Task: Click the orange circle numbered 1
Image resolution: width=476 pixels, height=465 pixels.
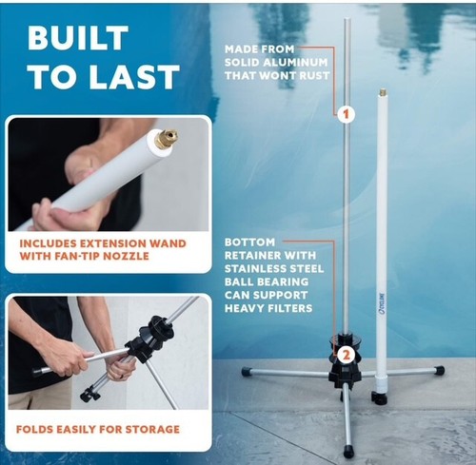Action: pos(346,113)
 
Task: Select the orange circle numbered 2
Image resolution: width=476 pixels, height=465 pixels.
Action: pos(346,355)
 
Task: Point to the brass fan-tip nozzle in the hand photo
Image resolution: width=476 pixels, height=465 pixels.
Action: pos(167,139)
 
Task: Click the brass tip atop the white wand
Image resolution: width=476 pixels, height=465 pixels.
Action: pos(383,94)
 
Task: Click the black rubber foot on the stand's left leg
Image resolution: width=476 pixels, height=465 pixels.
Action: pos(247,372)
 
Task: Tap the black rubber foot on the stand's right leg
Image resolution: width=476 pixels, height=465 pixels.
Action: pos(439,370)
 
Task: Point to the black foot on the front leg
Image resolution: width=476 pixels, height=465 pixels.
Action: pos(348,451)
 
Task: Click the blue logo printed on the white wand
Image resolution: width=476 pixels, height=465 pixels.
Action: pos(383,306)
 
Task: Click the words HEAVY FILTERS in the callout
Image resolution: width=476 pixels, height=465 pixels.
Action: pos(268,308)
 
